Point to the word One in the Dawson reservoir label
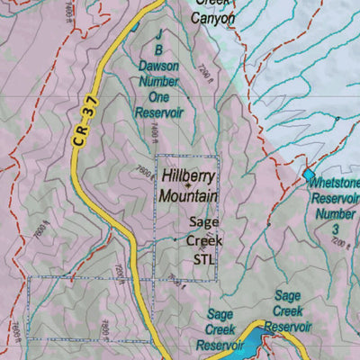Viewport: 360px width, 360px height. pos(159,98)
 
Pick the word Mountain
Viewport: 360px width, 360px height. pos(188,194)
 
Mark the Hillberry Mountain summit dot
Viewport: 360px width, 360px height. pos(186,185)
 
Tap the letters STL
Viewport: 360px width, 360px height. pos(204,258)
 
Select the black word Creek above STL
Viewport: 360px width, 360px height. pos(204,241)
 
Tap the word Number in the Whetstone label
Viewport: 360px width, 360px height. pos(334,214)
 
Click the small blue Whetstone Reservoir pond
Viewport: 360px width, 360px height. pos(309,174)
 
